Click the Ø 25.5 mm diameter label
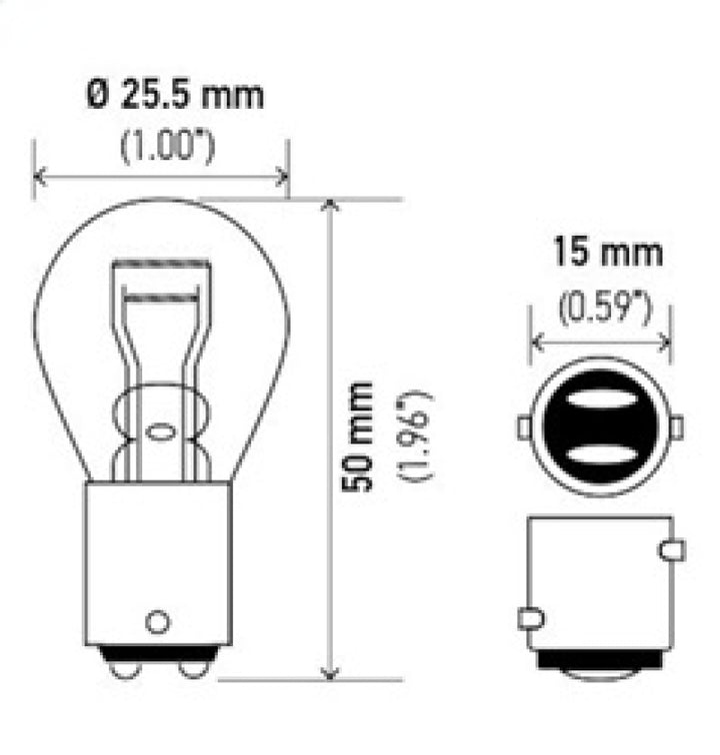[x=174, y=97]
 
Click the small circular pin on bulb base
[x=157, y=621]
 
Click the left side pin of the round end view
[x=523, y=428]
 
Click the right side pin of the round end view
[x=676, y=428]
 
